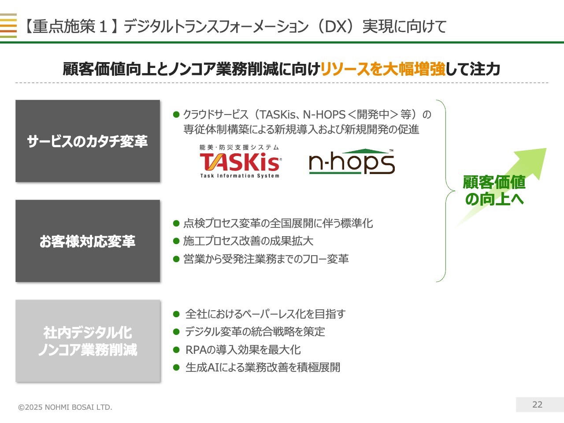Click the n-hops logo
click(x=352, y=162)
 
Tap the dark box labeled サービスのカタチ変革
click(x=88, y=141)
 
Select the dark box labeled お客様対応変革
click(x=88, y=241)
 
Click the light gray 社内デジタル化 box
click(x=88, y=341)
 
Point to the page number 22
click(x=537, y=404)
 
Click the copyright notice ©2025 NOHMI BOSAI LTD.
click(x=65, y=407)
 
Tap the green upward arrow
click(x=501, y=188)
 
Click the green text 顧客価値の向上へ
click(x=494, y=190)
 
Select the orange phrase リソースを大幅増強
click(x=383, y=69)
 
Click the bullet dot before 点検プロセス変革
click(x=176, y=223)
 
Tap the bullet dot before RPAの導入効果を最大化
click(x=176, y=349)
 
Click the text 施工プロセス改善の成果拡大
click(x=248, y=241)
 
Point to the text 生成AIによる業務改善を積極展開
click(x=263, y=367)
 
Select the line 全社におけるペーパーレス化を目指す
click(x=265, y=314)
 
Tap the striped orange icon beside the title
click(x=8, y=26)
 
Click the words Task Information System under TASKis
click(x=240, y=176)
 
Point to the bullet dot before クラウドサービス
click(x=176, y=114)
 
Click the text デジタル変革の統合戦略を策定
click(x=255, y=331)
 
